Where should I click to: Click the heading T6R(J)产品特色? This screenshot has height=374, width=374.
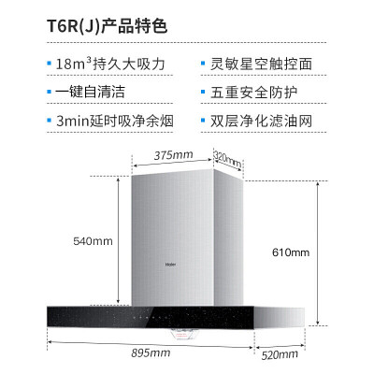pyautogui.click(x=107, y=26)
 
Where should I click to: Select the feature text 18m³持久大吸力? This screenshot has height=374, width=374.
pyautogui.click(x=110, y=65)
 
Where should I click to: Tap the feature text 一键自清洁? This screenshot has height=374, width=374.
pyautogui.click(x=90, y=93)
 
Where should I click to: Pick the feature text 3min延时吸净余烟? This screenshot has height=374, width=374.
pyautogui.click(x=114, y=121)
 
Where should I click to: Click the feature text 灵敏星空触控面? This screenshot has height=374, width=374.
pyautogui.click(x=261, y=65)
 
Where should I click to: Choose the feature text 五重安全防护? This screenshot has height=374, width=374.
pyautogui.click(x=254, y=93)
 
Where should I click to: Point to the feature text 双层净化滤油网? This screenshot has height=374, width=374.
pyautogui.click(x=261, y=121)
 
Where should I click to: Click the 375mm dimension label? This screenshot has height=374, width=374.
pyautogui.click(x=173, y=155)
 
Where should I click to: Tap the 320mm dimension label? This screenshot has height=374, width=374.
pyautogui.click(x=228, y=158)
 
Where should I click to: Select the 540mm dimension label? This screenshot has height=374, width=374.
pyautogui.click(x=93, y=241)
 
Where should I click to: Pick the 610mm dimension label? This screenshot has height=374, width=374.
pyautogui.click(x=291, y=252)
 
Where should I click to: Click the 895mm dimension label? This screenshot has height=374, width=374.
pyautogui.click(x=151, y=353)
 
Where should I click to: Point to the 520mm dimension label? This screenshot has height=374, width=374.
pyautogui.click(x=280, y=355)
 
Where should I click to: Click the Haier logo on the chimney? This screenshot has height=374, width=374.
pyautogui.click(x=170, y=265)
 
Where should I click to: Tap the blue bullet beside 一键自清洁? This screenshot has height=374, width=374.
pyautogui.click(x=49, y=92)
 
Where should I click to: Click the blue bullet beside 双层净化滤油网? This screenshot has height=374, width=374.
pyautogui.click(x=203, y=121)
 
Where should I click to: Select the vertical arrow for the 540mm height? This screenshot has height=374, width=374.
pyautogui.click(x=119, y=240)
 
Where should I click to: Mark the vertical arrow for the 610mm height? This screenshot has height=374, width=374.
pyautogui.click(x=318, y=253)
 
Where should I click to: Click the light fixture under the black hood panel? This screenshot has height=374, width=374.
pyautogui.click(x=181, y=334)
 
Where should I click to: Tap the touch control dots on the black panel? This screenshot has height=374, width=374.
pyautogui.click(x=149, y=318)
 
